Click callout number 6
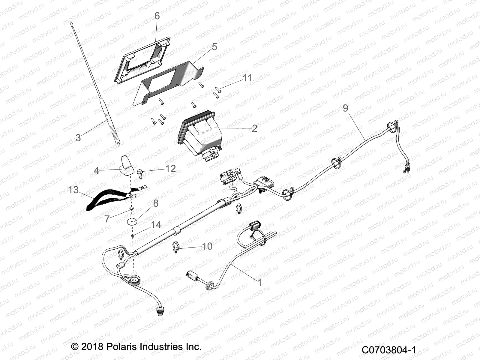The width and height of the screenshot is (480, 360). [157, 16]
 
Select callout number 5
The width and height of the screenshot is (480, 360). [214, 47]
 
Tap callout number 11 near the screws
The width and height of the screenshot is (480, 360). [247, 78]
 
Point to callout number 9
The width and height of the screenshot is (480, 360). [345, 108]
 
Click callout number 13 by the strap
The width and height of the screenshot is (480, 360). [73, 190]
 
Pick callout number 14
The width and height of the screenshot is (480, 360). [156, 225]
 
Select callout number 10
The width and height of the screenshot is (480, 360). [207, 246]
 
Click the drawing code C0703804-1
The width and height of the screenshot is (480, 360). [388, 350]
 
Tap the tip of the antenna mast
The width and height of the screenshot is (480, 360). [72, 23]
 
